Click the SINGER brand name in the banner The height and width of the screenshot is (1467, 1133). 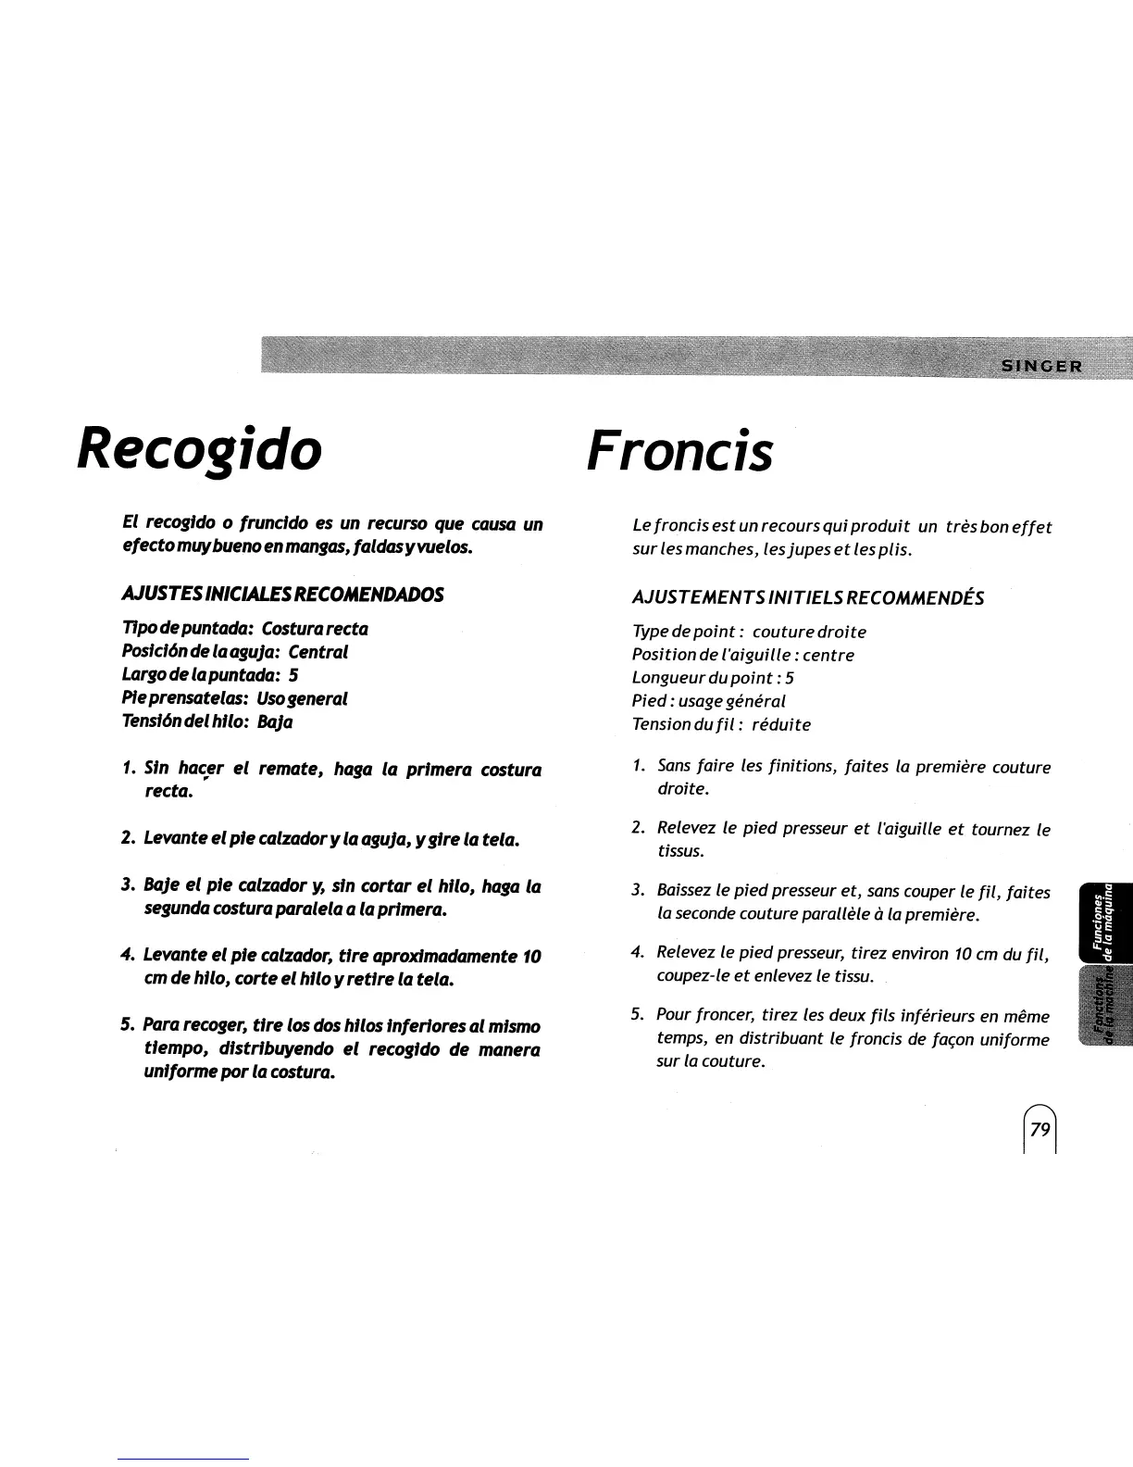click(1040, 364)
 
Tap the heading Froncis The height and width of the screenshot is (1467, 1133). click(679, 452)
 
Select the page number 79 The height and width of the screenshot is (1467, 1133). click(1040, 1129)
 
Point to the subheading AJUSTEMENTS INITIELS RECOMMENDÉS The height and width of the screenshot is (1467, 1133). click(807, 598)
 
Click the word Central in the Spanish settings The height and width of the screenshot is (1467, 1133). click(317, 652)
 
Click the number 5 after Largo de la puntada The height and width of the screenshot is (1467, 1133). click(293, 675)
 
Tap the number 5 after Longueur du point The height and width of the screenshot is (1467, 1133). click(789, 678)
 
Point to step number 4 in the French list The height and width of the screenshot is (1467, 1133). click(637, 953)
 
